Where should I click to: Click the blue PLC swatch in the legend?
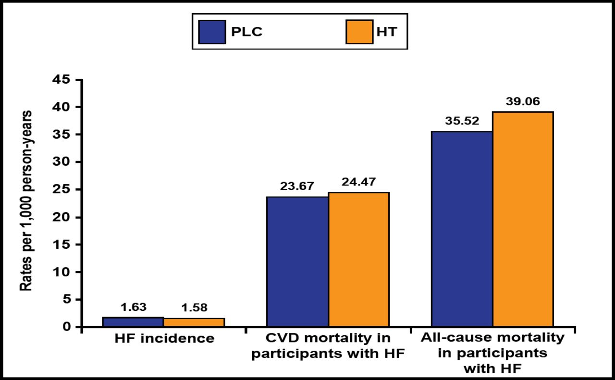[211, 32]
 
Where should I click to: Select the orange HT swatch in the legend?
[358, 32]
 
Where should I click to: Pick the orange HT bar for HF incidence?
[194, 322]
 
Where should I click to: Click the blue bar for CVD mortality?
[297, 262]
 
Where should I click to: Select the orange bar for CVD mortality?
[358, 259]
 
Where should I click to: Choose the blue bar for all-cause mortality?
[462, 229]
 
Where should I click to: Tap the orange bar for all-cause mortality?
[523, 219]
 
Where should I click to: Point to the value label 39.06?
[523, 102]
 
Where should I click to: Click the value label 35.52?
[462, 122]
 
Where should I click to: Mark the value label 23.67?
[297, 186]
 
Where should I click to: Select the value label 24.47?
[358, 183]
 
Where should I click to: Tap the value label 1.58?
[194, 308]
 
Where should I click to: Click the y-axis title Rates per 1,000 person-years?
[26, 200]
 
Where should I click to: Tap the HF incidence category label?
[164, 338]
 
